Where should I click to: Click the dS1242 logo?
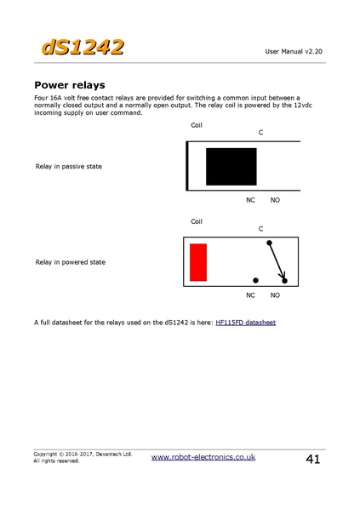click(81, 47)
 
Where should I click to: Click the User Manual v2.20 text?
click(294, 52)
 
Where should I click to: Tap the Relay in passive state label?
click(68, 166)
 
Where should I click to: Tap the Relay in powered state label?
click(70, 262)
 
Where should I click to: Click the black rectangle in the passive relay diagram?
click(231, 166)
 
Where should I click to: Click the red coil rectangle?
click(198, 262)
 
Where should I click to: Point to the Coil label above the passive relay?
click(197, 125)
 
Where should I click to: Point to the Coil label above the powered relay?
click(197, 221)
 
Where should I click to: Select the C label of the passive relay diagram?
click(260, 133)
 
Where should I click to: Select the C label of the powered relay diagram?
click(260, 229)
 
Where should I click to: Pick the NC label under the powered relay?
click(250, 295)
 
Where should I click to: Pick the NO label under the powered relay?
click(275, 295)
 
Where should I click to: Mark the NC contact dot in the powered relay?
click(255, 280)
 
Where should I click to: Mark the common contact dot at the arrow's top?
click(270, 243)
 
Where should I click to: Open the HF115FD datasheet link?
click(246, 323)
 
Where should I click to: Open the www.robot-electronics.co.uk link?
click(203, 457)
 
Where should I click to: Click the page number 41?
click(312, 460)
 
